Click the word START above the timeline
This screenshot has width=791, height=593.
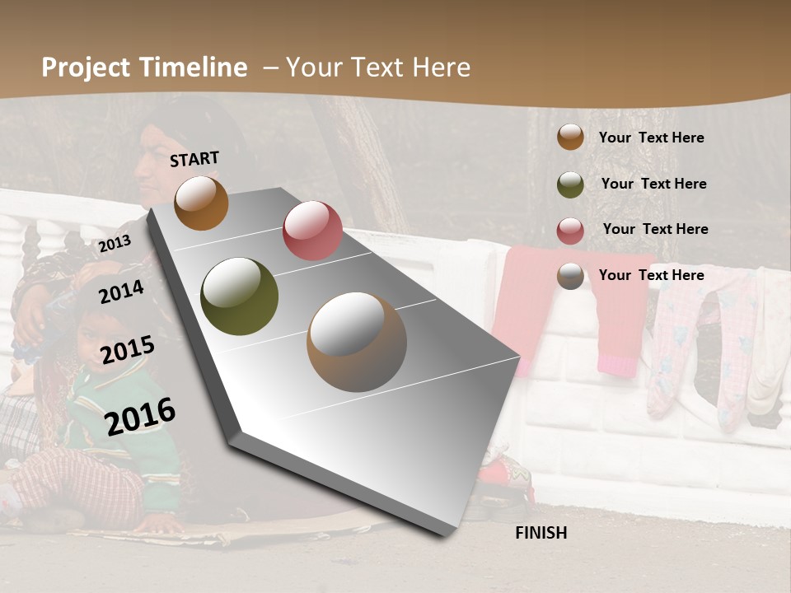[194, 159]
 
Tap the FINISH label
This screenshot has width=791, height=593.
[541, 533]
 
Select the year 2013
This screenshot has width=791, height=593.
[115, 244]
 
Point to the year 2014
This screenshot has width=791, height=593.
[122, 292]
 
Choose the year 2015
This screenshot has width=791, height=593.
[128, 351]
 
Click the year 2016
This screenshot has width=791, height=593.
[140, 415]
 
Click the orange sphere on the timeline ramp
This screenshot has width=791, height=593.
[201, 203]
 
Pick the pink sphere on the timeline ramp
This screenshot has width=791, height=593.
[312, 230]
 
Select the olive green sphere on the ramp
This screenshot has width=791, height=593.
[239, 296]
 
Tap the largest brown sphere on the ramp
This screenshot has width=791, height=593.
[357, 343]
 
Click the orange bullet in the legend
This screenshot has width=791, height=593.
[570, 137]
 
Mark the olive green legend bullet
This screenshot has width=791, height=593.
[570, 184]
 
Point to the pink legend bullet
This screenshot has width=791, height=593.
[570, 231]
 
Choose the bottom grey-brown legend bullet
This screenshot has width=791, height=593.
[570, 276]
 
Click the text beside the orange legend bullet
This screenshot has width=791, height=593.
[651, 138]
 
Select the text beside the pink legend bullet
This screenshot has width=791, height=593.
[655, 229]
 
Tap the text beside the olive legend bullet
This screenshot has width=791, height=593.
[653, 184]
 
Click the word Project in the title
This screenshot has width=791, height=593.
[86, 68]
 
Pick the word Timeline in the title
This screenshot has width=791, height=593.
[195, 68]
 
